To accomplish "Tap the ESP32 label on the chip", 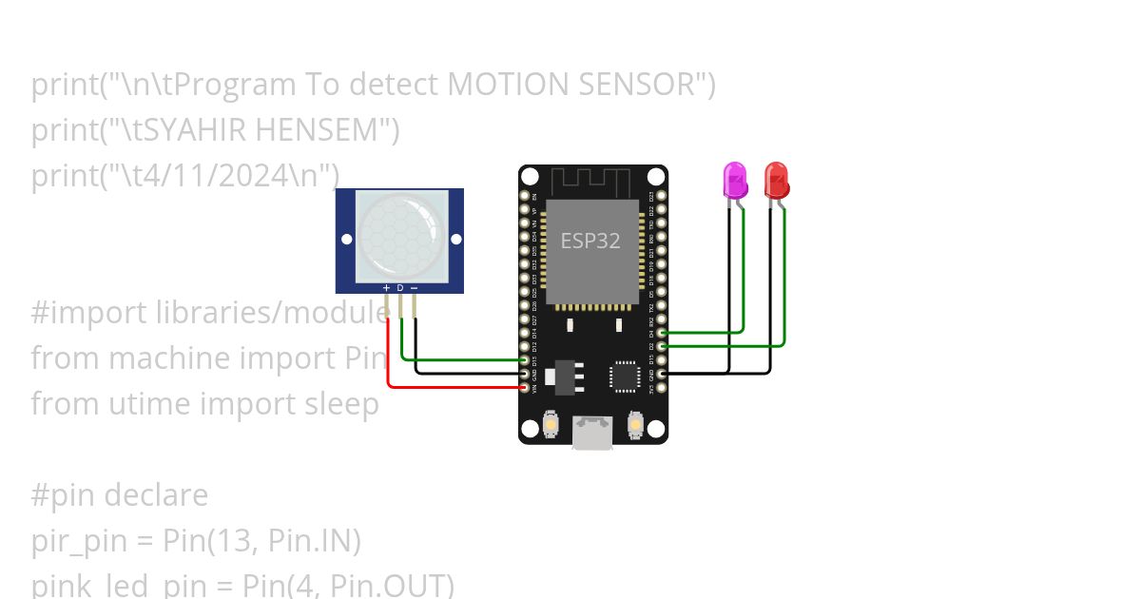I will pyautogui.click(x=590, y=242).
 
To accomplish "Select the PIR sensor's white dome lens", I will pyautogui.click(x=400, y=236).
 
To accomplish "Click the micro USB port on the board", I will pyautogui.click(x=592, y=433).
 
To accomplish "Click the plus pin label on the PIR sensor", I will pyautogui.click(x=386, y=287).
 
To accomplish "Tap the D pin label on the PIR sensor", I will pyautogui.click(x=400, y=287).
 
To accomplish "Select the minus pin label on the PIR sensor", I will pyautogui.click(x=414, y=287).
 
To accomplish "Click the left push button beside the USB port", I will pyautogui.click(x=551, y=424).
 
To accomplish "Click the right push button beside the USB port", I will pyautogui.click(x=634, y=424).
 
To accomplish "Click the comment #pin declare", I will pyautogui.click(x=120, y=494).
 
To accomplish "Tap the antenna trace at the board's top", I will pyautogui.click(x=590, y=180).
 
